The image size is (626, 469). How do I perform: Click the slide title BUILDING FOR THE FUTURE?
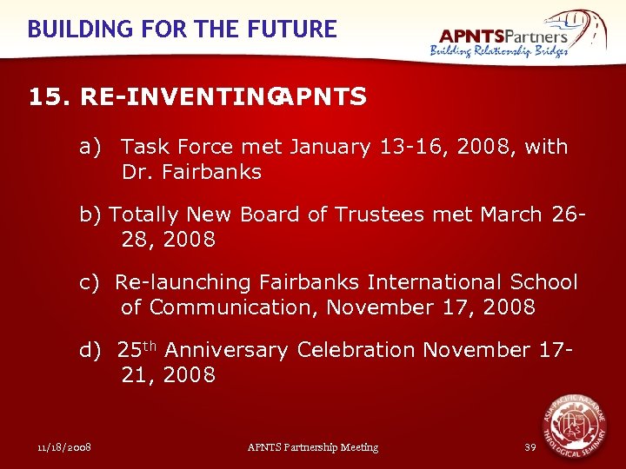tap(182, 29)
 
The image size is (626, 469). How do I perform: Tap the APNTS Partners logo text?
tap(504, 35)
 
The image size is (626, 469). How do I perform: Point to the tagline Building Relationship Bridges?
tap(499, 51)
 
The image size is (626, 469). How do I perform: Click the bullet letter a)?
tap(91, 147)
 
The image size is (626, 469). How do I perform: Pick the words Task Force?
tap(166, 147)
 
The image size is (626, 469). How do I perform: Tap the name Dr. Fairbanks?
tap(191, 172)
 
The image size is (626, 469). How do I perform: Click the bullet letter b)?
tap(91, 215)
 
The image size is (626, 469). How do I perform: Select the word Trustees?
tap(383, 215)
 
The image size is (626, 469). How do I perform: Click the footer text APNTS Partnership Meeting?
tap(313, 447)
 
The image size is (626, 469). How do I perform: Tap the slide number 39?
tap(530, 447)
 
